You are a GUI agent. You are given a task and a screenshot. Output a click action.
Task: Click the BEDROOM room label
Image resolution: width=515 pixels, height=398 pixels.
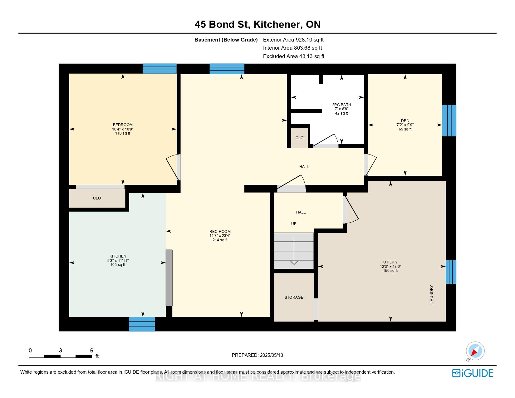click(x=123, y=125)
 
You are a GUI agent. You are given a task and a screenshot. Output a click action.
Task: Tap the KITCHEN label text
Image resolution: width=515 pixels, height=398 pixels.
click(x=118, y=256)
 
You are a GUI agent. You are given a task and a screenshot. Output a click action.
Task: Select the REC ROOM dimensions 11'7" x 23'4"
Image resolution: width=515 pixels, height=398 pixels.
click(x=220, y=236)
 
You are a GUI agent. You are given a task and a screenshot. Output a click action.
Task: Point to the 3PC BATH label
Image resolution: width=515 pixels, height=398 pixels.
click(x=341, y=105)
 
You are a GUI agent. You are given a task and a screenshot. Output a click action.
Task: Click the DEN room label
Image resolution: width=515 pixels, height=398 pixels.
click(x=405, y=121)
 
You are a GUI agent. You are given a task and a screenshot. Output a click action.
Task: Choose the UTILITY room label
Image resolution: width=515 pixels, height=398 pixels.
click(x=390, y=262)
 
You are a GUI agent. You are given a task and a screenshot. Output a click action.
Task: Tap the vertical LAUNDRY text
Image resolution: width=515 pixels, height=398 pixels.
click(x=431, y=294)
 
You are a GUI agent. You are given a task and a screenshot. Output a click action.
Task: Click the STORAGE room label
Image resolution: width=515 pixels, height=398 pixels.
click(x=294, y=297)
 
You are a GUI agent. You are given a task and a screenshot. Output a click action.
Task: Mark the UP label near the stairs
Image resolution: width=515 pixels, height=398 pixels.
click(x=294, y=224)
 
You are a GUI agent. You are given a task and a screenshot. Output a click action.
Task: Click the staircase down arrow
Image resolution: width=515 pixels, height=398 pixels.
click(x=294, y=251)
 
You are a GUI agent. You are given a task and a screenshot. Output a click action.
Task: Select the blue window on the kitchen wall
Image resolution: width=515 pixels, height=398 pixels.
click(x=142, y=324)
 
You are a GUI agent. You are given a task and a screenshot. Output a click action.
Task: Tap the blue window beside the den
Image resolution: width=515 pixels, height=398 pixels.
click(x=449, y=121)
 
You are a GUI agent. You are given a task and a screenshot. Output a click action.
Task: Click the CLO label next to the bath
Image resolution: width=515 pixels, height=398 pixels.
click(x=299, y=138)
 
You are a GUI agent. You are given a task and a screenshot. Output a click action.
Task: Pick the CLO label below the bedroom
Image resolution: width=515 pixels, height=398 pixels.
click(x=97, y=198)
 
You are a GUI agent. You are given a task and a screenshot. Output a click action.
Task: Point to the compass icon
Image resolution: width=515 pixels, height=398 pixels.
click(x=475, y=351)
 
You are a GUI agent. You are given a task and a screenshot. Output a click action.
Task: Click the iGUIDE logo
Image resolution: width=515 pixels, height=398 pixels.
click(x=472, y=373)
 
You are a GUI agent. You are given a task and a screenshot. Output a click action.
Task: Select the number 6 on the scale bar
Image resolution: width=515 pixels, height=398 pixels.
click(x=92, y=350)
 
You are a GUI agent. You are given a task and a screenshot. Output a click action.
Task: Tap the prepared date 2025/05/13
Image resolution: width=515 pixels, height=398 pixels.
click(x=271, y=355)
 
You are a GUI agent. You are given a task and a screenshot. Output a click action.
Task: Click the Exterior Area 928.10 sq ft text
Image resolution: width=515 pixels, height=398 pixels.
click(x=293, y=40)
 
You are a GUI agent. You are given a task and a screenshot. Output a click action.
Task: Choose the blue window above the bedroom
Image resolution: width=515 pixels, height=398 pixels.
click(x=159, y=68)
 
